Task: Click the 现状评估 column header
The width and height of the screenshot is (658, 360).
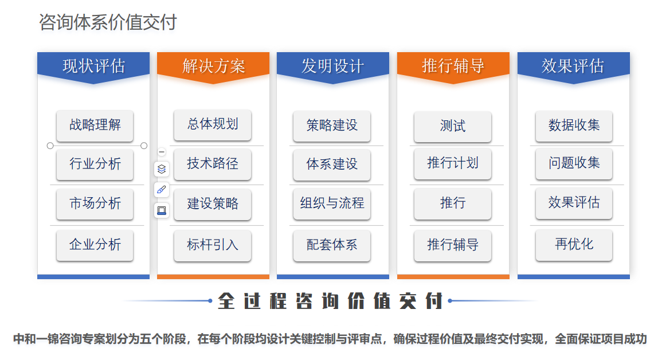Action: click(x=93, y=66)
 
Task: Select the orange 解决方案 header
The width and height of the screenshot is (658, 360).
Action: click(x=213, y=66)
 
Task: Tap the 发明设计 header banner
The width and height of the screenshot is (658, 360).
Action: click(x=333, y=66)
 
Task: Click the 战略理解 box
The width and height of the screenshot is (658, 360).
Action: click(x=95, y=125)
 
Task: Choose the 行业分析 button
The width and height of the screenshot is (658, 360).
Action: click(x=95, y=163)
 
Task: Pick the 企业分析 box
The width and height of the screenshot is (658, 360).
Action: click(x=95, y=245)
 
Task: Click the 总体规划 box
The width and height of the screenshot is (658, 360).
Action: click(x=213, y=124)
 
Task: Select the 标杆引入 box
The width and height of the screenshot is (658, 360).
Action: click(x=213, y=245)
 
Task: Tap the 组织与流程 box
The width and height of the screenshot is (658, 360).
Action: click(x=332, y=204)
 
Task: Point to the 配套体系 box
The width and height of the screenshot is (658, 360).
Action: click(x=332, y=245)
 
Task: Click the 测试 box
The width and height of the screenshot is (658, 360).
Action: click(x=453, y=126)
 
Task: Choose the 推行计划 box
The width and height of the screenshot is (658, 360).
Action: click(x=453, y=163)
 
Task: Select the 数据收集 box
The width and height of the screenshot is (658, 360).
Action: click(x=574, y=126)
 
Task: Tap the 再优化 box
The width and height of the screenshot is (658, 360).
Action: click(x=574, y=244)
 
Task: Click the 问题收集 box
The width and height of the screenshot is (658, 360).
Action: click(x=574, y=163)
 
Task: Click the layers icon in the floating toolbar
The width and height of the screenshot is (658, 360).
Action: click(x=162, y=169)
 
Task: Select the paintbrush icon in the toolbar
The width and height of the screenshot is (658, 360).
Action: click(x=162, y=190)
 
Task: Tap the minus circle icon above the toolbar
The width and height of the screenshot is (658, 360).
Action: click(x=162, y=152)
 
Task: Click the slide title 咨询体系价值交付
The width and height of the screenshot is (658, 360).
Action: click(x=108, y=22)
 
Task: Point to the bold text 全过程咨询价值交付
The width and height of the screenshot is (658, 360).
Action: click(x=330, y=301)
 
